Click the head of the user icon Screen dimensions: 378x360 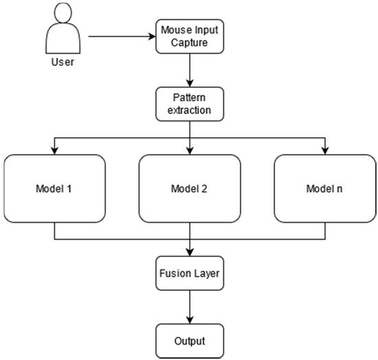63,13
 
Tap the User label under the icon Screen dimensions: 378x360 63,62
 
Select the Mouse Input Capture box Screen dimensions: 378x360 190,36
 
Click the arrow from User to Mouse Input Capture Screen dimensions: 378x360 122,36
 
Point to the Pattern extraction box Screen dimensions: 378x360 190,104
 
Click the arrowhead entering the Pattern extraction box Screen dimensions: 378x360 190,83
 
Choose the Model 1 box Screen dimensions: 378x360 54,188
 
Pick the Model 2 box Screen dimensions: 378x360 190,188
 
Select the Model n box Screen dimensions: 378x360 325,188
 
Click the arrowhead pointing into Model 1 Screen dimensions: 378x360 54,151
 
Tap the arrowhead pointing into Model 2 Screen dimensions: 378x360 190,151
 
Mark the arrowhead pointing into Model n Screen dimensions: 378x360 325,151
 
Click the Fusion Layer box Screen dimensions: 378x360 190,273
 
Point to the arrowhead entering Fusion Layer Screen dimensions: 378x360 190,253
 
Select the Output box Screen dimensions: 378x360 190,341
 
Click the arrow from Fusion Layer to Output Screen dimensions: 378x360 190,307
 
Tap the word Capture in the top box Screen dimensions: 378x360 189,43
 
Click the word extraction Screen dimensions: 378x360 189,111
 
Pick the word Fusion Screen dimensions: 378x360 175,273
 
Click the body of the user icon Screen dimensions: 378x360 63,38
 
